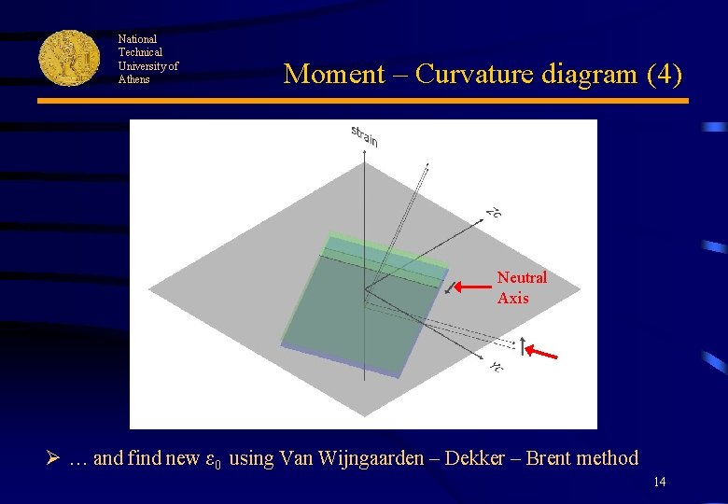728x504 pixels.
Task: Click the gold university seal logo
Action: [69, 57]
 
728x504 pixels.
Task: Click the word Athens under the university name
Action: [133, 79]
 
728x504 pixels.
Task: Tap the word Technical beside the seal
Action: [140, 52]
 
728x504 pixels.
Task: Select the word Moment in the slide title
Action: [333, 74]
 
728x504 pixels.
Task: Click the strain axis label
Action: [364, 135]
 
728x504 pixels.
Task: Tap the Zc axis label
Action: [494, 214]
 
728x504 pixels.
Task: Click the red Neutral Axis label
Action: [522, 287]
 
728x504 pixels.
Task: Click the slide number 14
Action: [660, 483]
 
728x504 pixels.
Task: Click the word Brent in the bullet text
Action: [551, 458]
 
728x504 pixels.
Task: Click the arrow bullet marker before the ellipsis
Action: [55, 458]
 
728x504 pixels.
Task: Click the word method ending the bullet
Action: [609, 458]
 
